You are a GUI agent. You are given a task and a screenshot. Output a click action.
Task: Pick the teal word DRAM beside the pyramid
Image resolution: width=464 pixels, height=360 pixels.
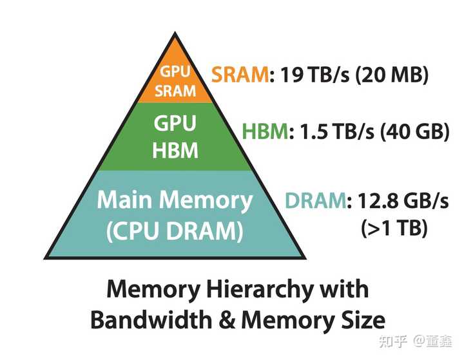315,201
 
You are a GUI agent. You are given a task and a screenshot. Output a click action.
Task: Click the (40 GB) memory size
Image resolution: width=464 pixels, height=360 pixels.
413,133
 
